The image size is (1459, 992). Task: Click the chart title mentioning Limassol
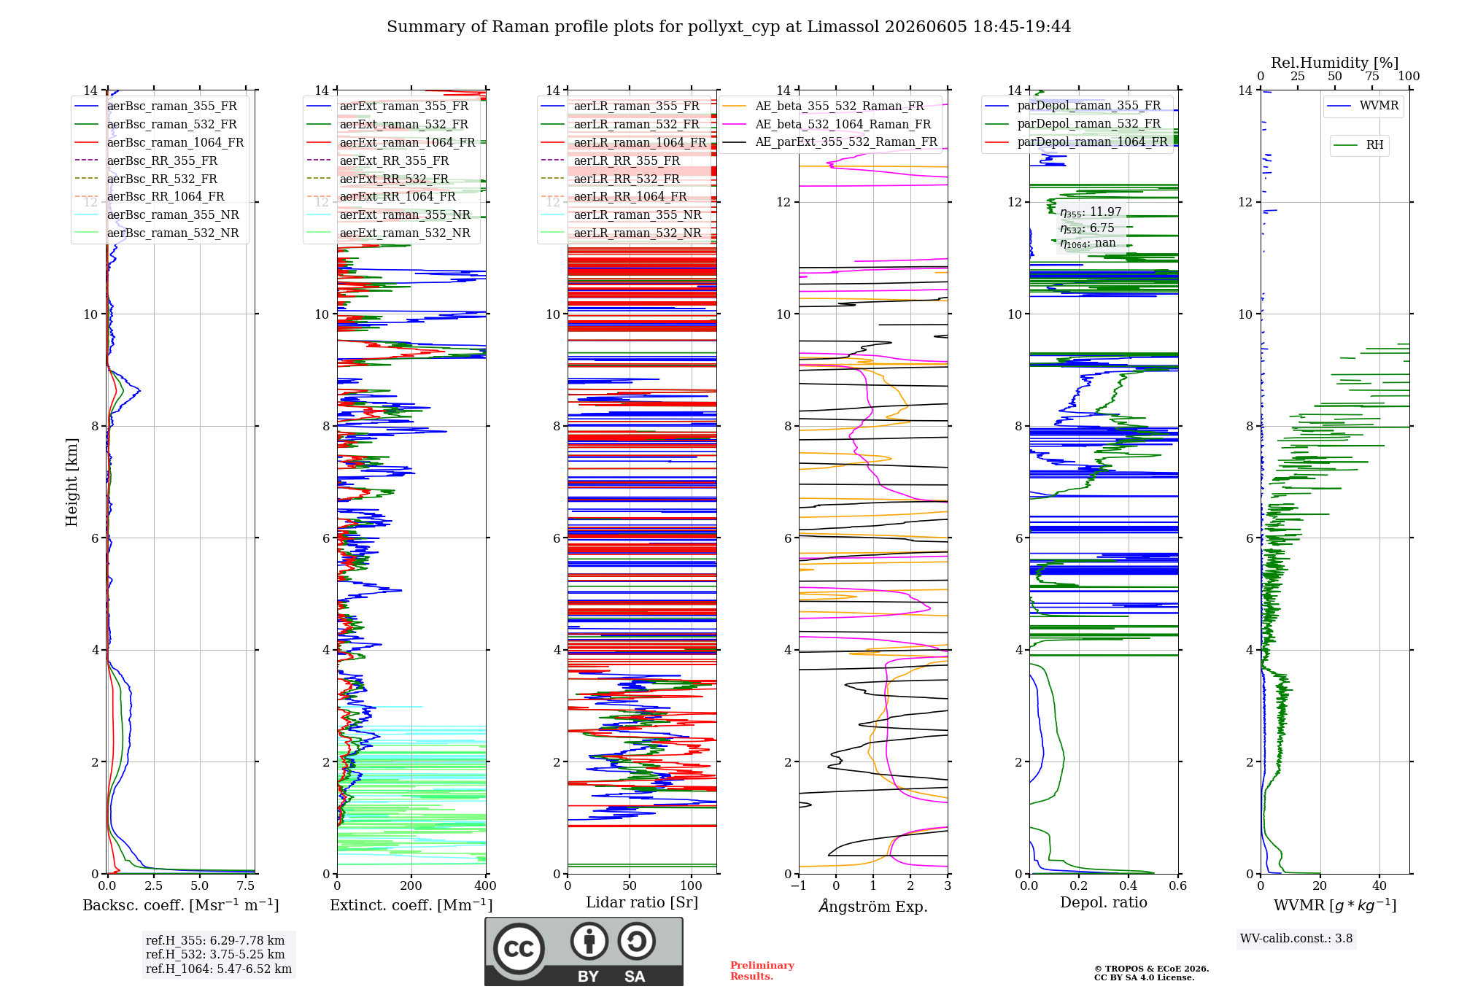(x=729, y=27)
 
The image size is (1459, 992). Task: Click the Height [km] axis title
(x=71, y=482)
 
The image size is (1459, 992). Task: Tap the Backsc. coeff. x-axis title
(x=181, y=905)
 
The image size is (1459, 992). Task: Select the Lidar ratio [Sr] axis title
(x=642, y=903)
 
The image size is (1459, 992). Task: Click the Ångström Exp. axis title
(x=873, y=906)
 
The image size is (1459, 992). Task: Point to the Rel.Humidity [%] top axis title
(x=1335, y=63)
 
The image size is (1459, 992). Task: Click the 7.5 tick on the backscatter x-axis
(x=246, y=886)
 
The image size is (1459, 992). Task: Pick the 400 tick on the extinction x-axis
(x=485, y=886)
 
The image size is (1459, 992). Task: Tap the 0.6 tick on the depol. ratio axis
(x=1177, y=886)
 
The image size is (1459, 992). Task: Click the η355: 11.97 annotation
(x=1091, y=212)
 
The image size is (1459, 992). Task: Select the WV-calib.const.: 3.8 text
(x=1296, y=939)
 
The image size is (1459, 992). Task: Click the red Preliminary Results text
(x=762, y=971)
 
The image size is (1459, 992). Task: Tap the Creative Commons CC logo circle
(x=519, y=949)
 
